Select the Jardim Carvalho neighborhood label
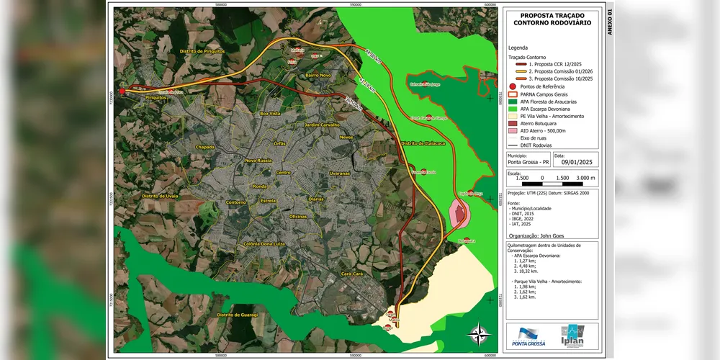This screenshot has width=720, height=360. click(x=322, y=125)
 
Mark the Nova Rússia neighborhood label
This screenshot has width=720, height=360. click(x=259, y=161)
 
